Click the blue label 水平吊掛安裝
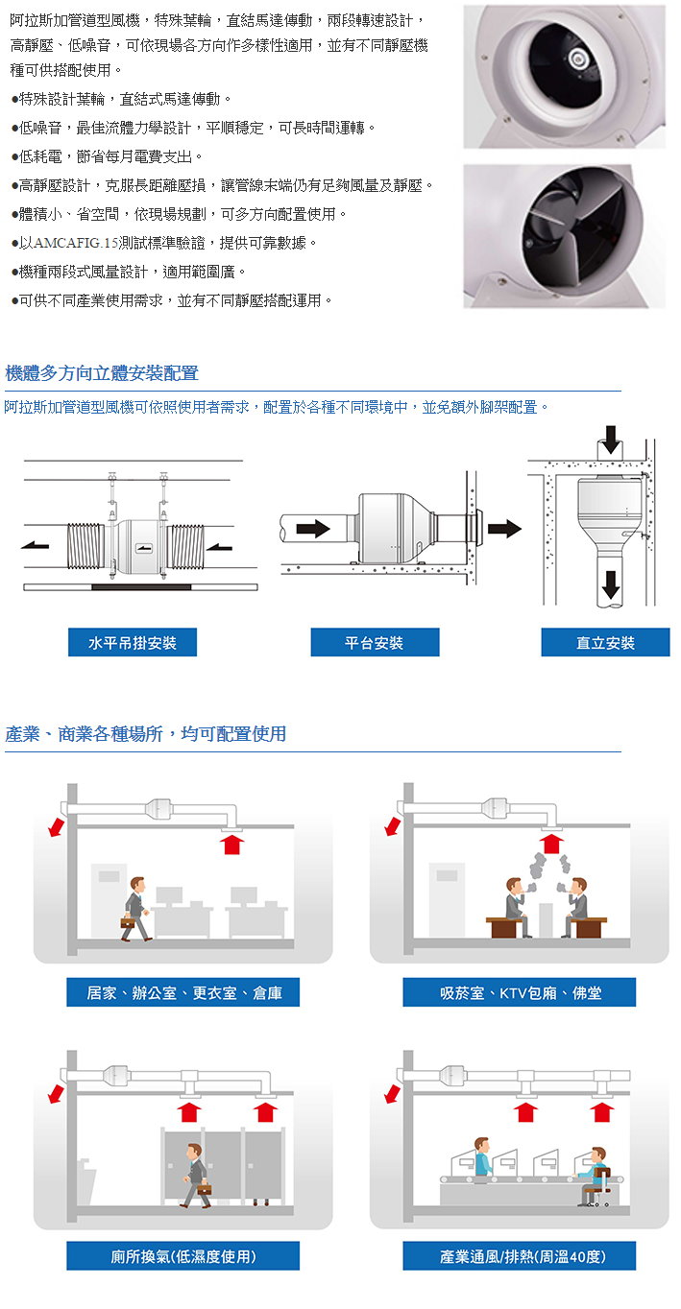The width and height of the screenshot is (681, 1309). (133, 642)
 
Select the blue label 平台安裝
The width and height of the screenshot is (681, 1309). (375, 642)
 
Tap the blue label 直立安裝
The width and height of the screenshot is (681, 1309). (605, 642)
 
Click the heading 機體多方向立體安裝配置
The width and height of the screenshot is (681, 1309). (102, 373)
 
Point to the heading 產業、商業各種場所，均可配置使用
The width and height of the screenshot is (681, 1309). (146, 734)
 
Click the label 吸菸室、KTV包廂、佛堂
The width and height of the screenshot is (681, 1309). (519, 992)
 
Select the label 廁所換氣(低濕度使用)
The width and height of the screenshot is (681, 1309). (182, 1255)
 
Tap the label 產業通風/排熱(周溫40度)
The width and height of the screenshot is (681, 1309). (519, 1255)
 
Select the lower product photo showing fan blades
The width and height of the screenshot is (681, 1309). (563, 236)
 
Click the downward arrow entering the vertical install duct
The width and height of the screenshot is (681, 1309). (608, 440)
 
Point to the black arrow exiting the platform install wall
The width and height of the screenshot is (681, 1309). (504, 529)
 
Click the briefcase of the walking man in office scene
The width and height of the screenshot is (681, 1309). (128, 922)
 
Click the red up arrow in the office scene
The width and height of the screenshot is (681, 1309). (232, 844)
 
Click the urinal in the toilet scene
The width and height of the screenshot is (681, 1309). (84, 1177)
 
